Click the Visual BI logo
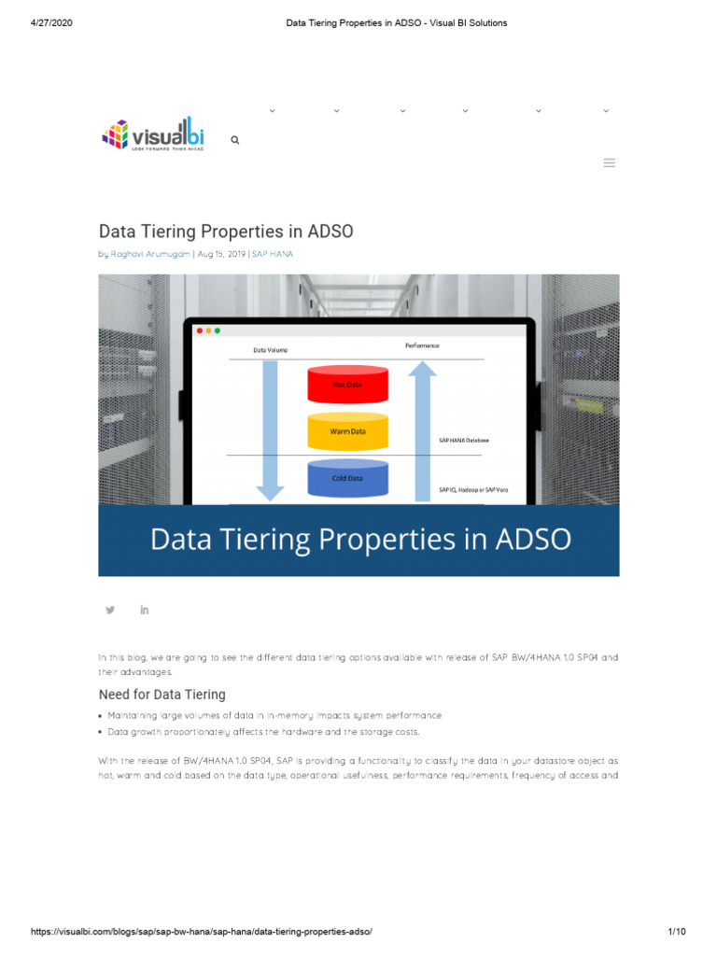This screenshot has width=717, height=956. [152, 134]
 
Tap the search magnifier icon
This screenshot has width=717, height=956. [235, 140]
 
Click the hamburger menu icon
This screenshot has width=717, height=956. [610, 163]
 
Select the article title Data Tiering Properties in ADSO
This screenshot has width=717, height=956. [226, 231]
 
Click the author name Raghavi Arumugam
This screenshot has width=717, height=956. [150, 254]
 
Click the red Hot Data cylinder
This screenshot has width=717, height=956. [347, 384]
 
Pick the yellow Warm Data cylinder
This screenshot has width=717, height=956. [347, 431]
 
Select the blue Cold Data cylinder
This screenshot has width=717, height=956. [347, 478]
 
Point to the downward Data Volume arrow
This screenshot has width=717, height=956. [271, 429]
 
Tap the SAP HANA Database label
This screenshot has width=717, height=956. [464, 439]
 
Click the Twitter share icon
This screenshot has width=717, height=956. [110, 610]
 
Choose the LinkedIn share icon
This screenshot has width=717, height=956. [145, 610]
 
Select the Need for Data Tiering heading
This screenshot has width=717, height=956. [162, 695]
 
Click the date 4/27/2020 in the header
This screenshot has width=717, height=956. [52, 22]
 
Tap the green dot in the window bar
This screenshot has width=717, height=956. [217, 330]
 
